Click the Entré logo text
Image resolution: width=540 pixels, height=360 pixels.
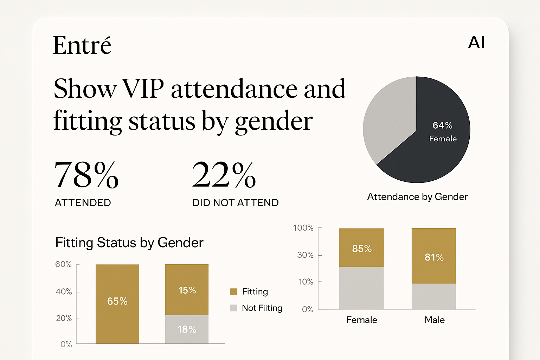82,46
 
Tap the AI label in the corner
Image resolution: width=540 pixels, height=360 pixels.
476,43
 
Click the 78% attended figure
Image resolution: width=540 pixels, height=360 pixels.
86,175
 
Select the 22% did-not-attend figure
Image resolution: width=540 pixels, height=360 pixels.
224,175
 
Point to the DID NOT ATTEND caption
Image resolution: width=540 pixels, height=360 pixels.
235,202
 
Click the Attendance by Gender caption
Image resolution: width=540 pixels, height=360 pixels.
417,197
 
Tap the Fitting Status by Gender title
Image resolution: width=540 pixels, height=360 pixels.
129,243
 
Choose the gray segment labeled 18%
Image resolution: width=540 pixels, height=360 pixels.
187,329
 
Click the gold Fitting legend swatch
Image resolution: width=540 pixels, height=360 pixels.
233,291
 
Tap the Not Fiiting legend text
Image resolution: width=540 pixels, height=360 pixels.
262,308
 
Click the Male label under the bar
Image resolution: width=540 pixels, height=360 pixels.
435,320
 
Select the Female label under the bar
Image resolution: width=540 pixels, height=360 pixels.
361,320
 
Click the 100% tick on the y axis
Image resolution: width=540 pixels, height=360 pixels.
303,228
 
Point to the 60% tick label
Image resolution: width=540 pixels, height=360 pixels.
63,264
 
